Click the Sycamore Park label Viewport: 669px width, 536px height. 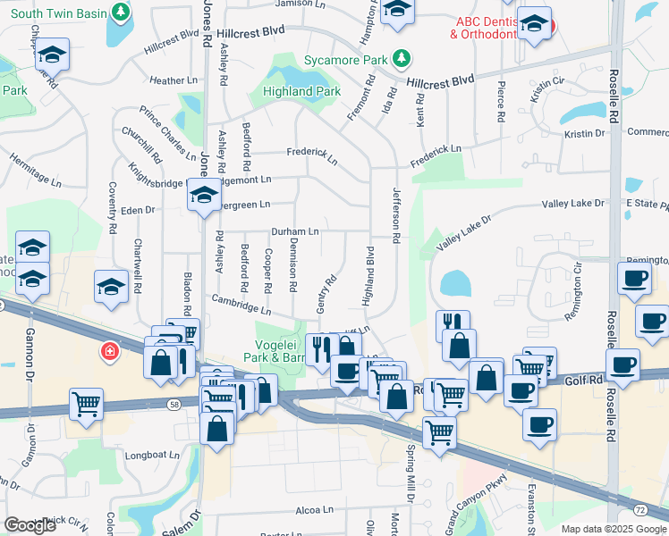point(345,60)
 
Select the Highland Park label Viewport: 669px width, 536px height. point(302,91)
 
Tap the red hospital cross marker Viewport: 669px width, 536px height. point(110,351)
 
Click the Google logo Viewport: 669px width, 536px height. point(30,525)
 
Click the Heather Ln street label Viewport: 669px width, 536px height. point(174,80)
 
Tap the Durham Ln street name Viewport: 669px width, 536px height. point(295,231)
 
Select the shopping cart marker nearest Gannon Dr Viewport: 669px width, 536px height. point(87,405)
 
